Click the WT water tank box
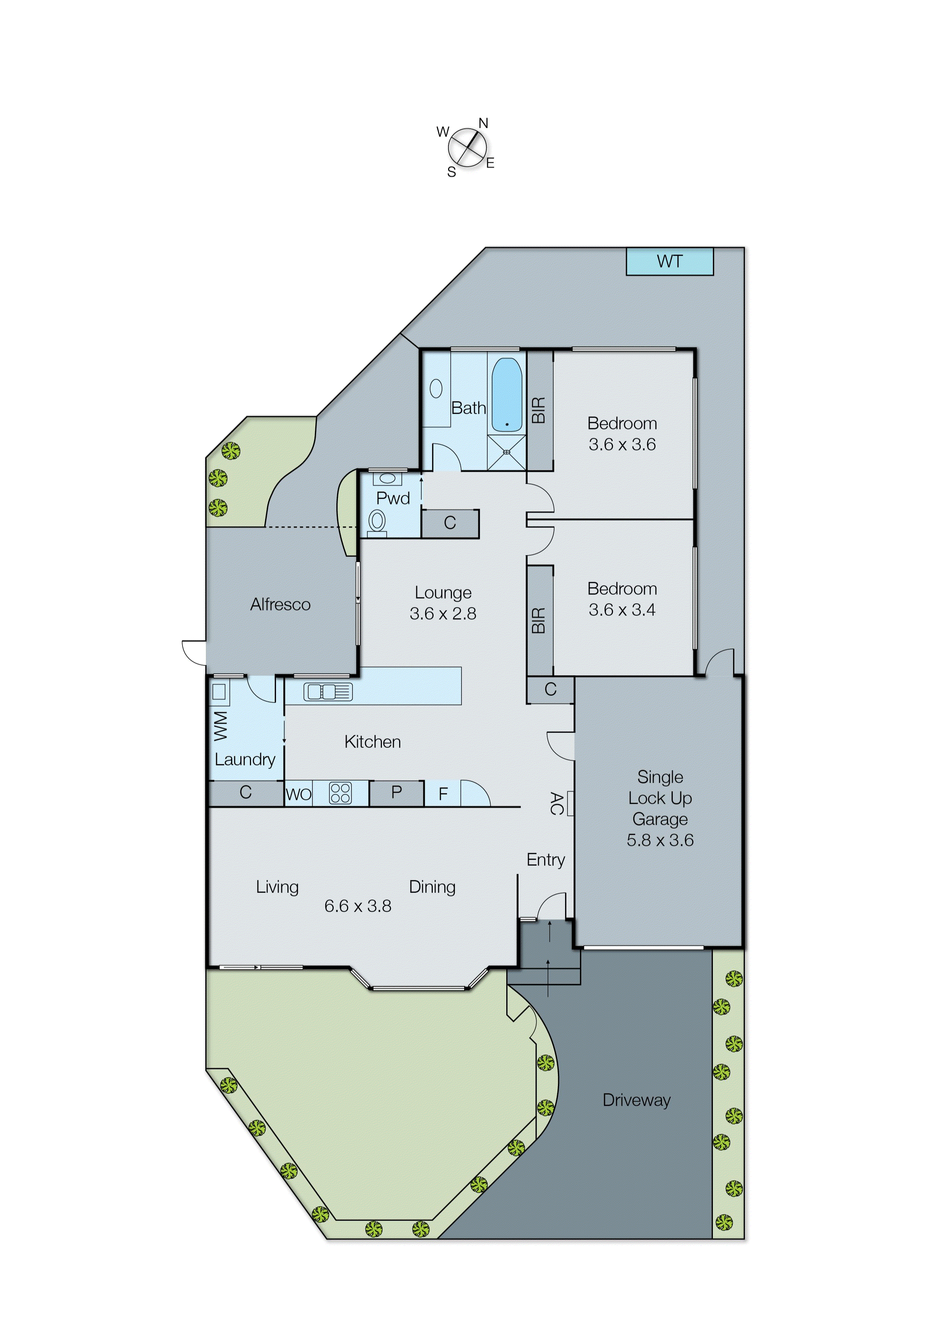pyautogui.click(x=669, y=261)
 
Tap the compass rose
pyautogui.click(x=467, y=147)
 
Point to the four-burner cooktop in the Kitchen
pyautogui.click(x=340, y=793)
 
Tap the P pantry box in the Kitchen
pyautogui.click(x=396, y=792)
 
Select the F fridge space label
pyautogui.click(x=443, y=793)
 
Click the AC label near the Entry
pyautogui.click(x=556, y=803)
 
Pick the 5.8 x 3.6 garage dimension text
pyautogui.click(x=660, y=840)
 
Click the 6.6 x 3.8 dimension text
pyautogui.click(x=358, y=906)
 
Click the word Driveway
pyautogui.click(x=636, y=1100)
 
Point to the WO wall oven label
pyautogui.click(x=298, y=794)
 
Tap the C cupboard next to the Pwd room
pyautogui.click(x=449, y=523)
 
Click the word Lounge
pyautogui.click(x=443, y=592)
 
